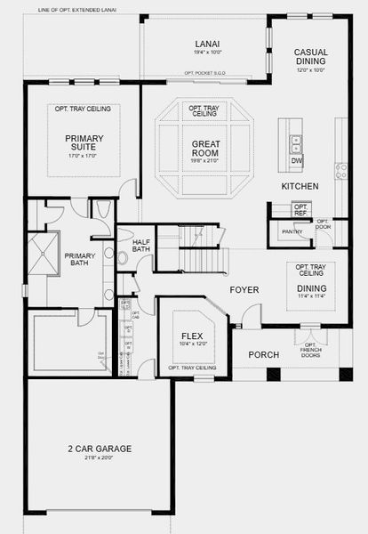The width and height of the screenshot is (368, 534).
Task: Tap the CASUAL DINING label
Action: pyautogui.click(x=311, y=58)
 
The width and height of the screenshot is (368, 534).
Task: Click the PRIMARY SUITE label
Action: pyautogui.click(x=84, y=143)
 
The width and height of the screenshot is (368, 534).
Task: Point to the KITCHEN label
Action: pyautogui.click(x=300, y=187)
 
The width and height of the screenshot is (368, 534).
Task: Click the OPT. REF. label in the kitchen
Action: pyautogui.click(x=300, y=209)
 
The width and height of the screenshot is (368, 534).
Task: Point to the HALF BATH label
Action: pyautogui.click(x=140, y=245)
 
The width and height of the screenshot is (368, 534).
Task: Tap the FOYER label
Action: pyautogui.click(x=244, y=289)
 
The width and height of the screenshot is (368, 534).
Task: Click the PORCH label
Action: pyautogui.click(x=263, y=354)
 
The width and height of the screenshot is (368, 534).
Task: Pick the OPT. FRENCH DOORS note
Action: pyautogui.click(x=310, y=352)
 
